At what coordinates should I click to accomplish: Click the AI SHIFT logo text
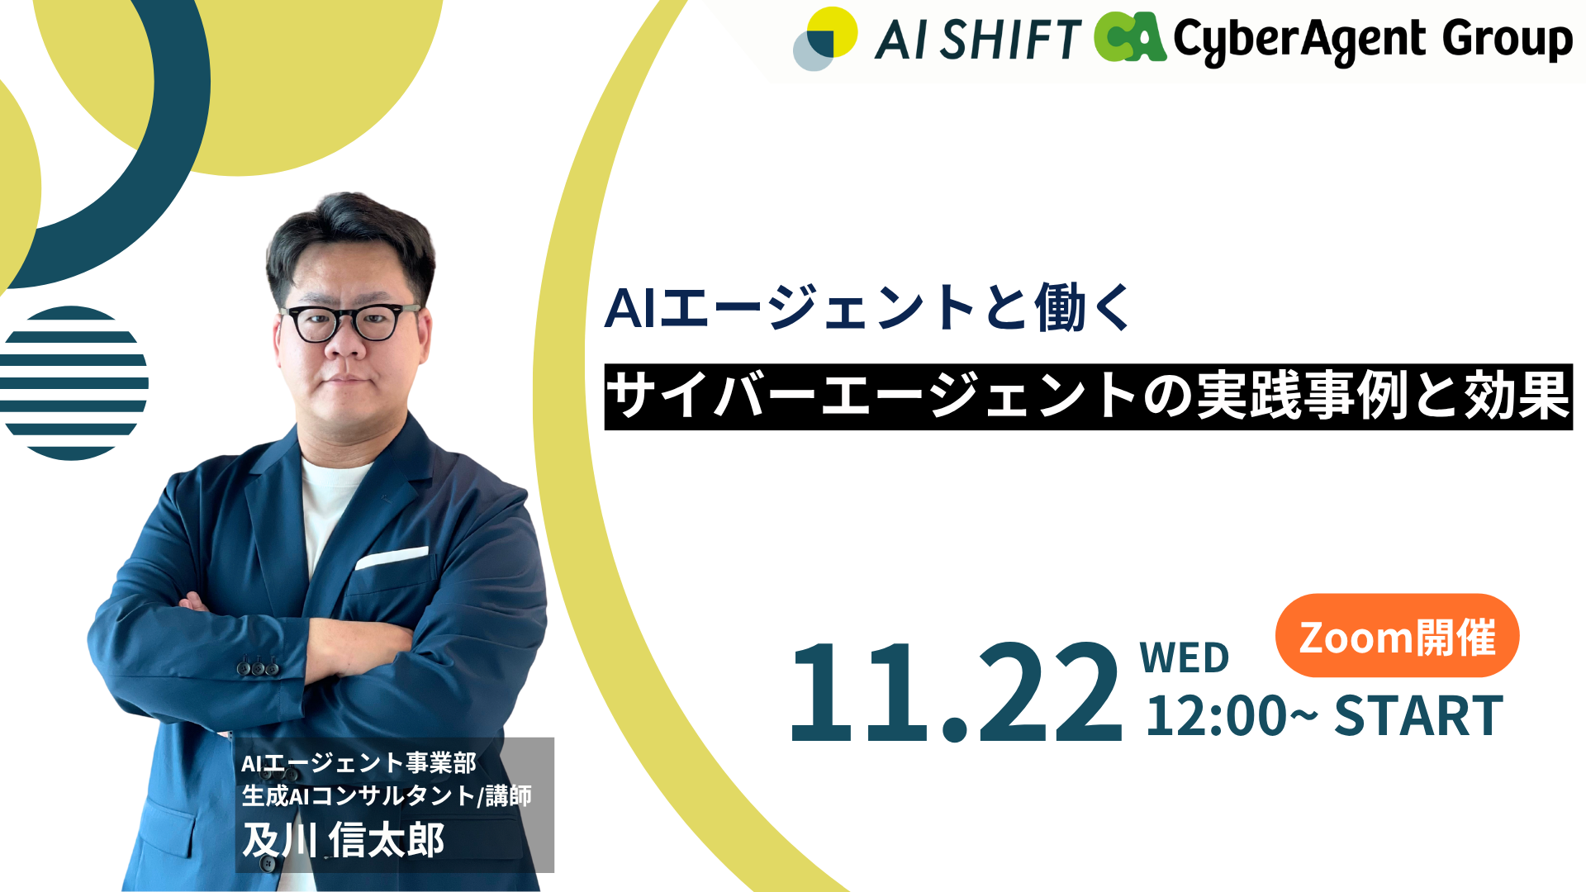coord(978,40)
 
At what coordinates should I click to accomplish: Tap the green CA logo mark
coord(1130,38)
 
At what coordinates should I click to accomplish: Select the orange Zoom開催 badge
coord(1397,636)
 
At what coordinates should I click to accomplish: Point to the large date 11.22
coord(956,692)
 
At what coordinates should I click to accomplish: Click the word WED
coord(1184,658)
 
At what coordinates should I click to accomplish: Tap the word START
coord(1418,715)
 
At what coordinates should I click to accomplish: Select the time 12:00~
coord(1231,715)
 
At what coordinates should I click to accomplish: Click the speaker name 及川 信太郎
coord(343,840)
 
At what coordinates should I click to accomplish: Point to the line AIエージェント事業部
coord(359,762)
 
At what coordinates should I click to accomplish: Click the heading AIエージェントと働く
coord(869,308)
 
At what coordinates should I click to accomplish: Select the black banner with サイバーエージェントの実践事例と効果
coord(1088,397)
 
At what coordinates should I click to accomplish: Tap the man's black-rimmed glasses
coord(350,322)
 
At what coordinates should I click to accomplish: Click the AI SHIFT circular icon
coord(824,39)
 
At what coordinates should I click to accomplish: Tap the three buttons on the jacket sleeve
coord(259,665)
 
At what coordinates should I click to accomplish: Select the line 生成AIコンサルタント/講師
coord(387,795)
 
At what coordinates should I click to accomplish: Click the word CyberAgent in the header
coord(1299,41)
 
